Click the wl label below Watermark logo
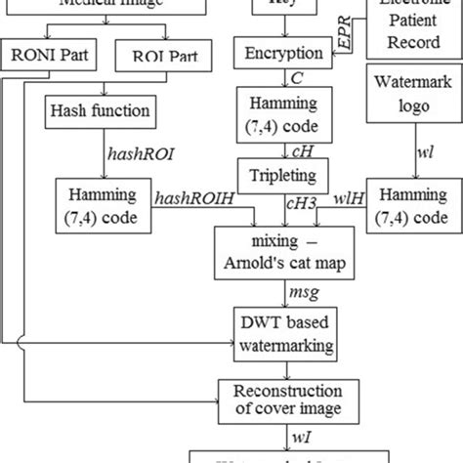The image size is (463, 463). point(400,152)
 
